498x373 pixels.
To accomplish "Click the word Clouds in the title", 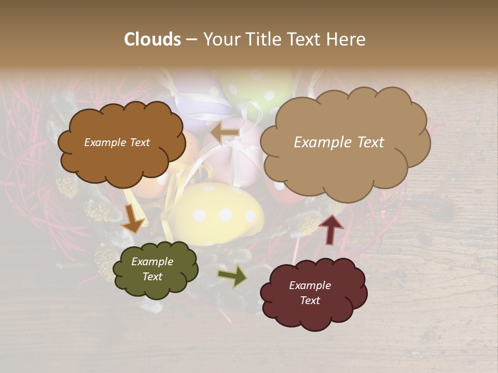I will (x=153, y=39).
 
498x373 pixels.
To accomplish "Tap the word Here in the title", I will (x=347, y=39).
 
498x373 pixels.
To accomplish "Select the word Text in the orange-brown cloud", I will (x=139, y=142).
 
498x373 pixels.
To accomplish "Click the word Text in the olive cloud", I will (x=152, y=277).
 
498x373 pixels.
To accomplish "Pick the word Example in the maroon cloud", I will (x=310, y=285).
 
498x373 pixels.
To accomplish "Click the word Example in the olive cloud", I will (x=152, y=262).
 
